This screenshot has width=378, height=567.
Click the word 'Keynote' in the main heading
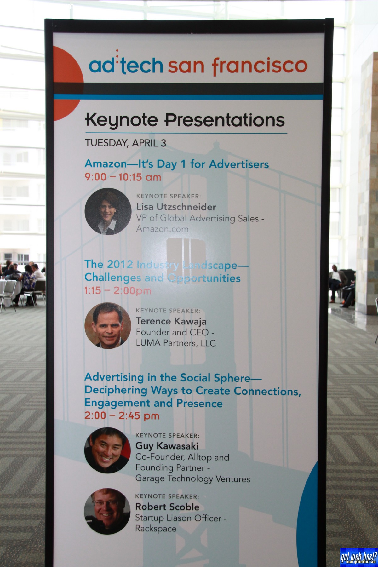pyautogui.click(x=121, y=120)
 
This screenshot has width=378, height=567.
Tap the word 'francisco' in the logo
pyautogui.click(x=260, y=65)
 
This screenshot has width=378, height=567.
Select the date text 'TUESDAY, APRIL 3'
pyautogui.click(x=125, y=143)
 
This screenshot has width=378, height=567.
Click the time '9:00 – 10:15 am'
pyautogui.click(x=123, y=177)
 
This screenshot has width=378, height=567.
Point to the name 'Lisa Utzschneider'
pyautogui.click(x=176, y=207)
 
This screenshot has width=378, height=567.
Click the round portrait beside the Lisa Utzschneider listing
pyautogui.click(x=108, y=211)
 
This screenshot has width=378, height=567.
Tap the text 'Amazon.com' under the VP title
pyautogui.click(x=162, y=229)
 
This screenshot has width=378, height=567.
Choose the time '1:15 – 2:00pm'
pyautogui.click(x=118, y=290)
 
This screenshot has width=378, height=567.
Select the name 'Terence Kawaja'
pyautogui.click(x=171, y=321)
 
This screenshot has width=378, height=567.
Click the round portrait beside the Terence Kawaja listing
pyautogui.click(x=108, y=326)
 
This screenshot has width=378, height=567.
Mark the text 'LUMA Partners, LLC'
pyautogui.click(x=176, y=343)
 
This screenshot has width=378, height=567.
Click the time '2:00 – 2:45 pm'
pyautogui.click(x=122, y=415)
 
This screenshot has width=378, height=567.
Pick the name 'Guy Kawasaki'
pyautogui.click(x=167, y=446)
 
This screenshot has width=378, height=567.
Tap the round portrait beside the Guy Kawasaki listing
pyautogui.click(x=107, y=450)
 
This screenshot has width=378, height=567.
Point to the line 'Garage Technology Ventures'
pyautogui.click(x=193, y=478)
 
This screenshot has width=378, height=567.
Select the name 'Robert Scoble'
pyautogui.click(x=167, y=507)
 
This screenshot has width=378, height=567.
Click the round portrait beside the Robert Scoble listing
pyautogui.click(x=107, y=511)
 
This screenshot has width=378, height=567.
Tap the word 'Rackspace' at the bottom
pyautogui.click(x=156, y=529)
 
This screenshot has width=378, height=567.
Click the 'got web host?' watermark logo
pyautogui.click(x=358, y=557)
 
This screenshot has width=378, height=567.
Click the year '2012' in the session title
pyautogui.click(x=120, y=264)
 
